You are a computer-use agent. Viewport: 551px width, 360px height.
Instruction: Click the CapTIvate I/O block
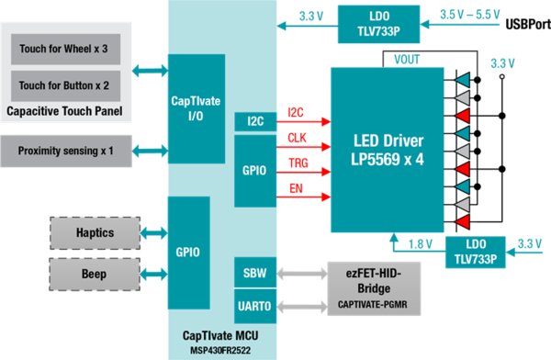pyautogui.click(x=196, y=105)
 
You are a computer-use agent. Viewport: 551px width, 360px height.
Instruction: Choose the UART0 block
pyautogui.click(x=253, y=305)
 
